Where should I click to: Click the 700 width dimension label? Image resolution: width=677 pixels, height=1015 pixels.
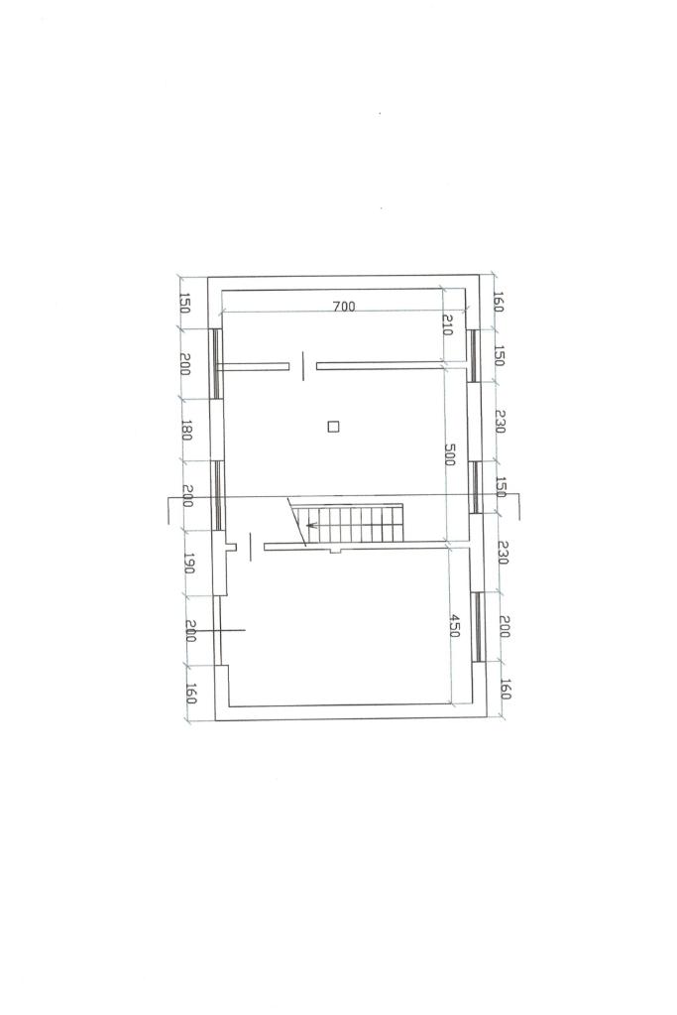[344, 307]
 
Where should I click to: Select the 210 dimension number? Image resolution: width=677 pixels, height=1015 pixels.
[447, 325]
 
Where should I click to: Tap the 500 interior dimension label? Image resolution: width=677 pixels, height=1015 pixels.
[450, 453]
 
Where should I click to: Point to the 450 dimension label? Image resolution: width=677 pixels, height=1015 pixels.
[454, 626]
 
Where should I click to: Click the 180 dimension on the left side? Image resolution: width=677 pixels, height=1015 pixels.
[185, 431]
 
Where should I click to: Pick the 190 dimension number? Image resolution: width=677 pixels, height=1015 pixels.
[188, 563]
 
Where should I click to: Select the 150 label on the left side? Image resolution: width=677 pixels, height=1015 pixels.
[183, 304]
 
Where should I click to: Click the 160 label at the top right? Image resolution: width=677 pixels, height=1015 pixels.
[498, 302]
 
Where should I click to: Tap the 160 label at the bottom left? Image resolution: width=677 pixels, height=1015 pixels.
[190, 694]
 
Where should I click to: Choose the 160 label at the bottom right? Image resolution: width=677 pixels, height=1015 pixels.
[505, 689]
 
